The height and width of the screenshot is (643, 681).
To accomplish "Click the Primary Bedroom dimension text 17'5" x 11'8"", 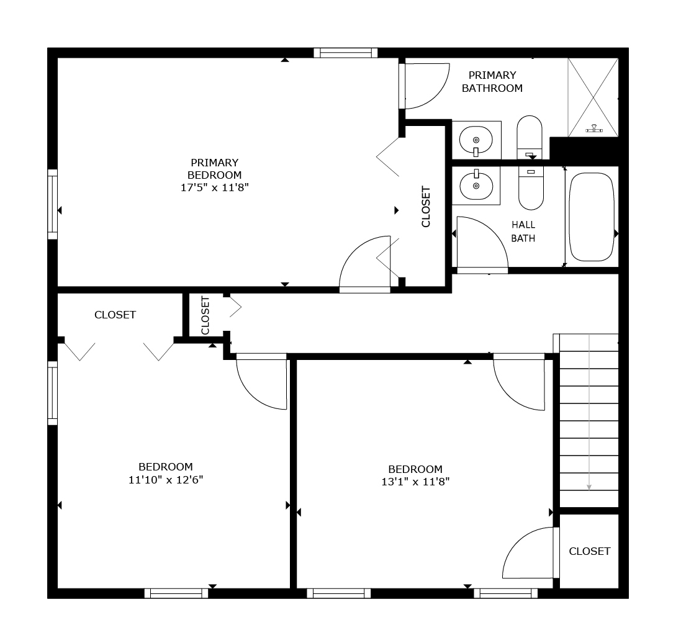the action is [x=215, y=187].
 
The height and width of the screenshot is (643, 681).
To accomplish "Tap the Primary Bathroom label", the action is [x=492, y=82].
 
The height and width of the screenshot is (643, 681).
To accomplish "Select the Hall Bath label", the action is [x=523, y=232].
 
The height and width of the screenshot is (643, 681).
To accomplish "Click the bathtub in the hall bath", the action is [x=592, y=217].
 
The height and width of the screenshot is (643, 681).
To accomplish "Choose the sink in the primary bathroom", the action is [x=476, y=140].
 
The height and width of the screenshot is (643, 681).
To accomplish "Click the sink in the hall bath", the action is [x=476, y=186].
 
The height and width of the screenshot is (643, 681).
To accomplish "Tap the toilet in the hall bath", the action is [x=531, y=188].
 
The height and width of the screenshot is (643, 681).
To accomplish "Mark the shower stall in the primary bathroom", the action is [x=593, y=97].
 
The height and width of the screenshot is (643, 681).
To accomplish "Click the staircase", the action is [x=589, y=420].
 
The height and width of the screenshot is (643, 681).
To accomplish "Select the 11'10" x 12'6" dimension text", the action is [x=166, y=480].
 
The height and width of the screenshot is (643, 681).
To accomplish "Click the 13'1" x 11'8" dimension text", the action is [x=415, y=482].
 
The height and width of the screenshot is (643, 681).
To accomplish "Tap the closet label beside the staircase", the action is [x=589, y=551].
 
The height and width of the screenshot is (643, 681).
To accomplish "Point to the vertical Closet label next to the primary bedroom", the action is [x=426, y=207].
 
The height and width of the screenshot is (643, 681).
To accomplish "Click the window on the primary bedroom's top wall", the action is [x=346, y=53].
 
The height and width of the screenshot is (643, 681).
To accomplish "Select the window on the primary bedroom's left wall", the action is [x=53, y=204].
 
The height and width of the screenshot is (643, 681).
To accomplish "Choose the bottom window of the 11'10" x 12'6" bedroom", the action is [x=176, y=593].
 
